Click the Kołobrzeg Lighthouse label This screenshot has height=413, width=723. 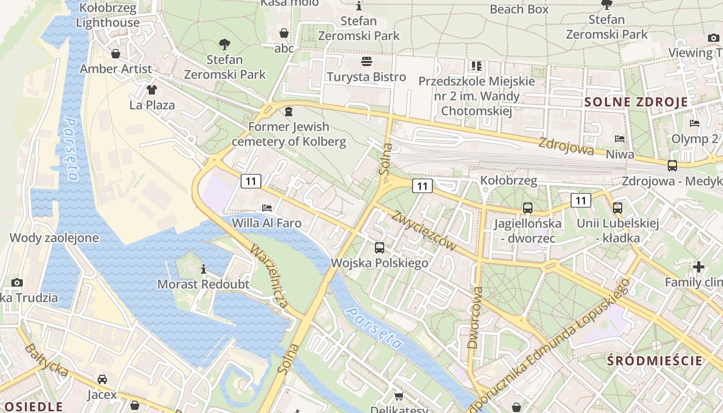107,15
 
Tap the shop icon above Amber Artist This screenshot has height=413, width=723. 116,54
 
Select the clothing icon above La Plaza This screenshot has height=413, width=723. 151,90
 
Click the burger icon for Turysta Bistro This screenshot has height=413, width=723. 367,62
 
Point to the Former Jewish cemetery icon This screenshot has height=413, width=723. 288,112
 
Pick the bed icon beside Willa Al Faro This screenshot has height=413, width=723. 267,208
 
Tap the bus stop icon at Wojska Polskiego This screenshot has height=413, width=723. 380,247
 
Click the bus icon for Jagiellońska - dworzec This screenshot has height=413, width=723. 527,208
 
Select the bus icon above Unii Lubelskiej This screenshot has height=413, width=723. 618,208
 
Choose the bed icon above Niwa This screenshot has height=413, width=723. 620,139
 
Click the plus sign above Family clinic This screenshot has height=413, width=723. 699,267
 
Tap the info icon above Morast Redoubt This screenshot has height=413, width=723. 203,269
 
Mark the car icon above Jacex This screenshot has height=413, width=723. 102,379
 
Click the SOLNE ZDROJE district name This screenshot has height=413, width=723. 636,102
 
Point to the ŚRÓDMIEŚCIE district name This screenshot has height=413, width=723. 655,360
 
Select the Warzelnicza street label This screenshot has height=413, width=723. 269,276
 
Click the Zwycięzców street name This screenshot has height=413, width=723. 423,231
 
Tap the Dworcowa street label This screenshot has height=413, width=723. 475,317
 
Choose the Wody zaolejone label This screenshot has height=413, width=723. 54,238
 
